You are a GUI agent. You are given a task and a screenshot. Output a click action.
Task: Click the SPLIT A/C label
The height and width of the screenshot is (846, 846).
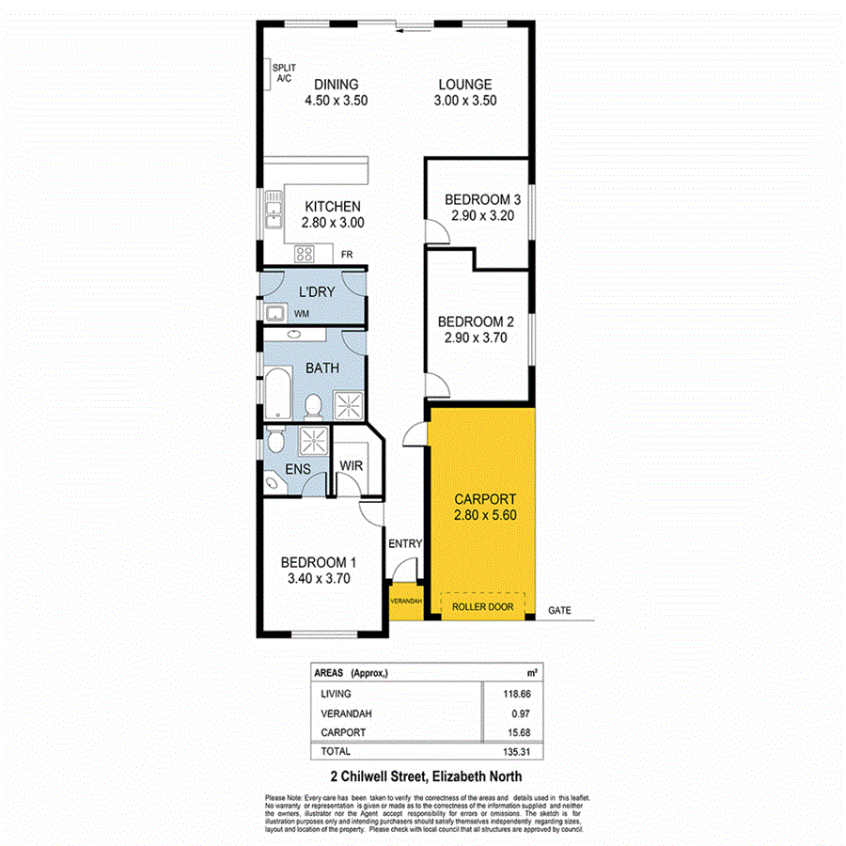tap(283, 74)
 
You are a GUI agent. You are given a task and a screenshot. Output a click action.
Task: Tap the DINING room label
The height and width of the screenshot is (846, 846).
tap(337, 84)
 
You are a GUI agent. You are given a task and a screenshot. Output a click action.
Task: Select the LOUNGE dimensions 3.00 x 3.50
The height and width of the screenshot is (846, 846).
tap(465, 102)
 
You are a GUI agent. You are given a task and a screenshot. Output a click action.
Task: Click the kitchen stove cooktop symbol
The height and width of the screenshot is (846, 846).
tap(305, 252)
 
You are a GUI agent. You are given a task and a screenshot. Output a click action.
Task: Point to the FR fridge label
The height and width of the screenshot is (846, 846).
tap(346, 254)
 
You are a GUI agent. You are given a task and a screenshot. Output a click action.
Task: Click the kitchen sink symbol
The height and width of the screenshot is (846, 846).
tap(274, 211)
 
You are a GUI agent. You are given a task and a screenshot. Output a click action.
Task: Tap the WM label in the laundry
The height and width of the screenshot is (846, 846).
tap(302, 313)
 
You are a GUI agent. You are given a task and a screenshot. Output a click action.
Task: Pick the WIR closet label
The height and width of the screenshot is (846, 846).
tap(352, 465)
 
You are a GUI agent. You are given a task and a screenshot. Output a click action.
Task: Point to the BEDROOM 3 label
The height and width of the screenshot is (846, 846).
tap(482, 199)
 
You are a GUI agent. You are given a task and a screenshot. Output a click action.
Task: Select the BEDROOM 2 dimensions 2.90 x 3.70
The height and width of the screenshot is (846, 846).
tap(474, 338)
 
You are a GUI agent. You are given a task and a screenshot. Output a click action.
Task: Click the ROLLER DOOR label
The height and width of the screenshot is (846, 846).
tap(481, 607)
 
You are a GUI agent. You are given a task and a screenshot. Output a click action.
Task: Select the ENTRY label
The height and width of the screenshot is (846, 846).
tap(405, 544)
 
